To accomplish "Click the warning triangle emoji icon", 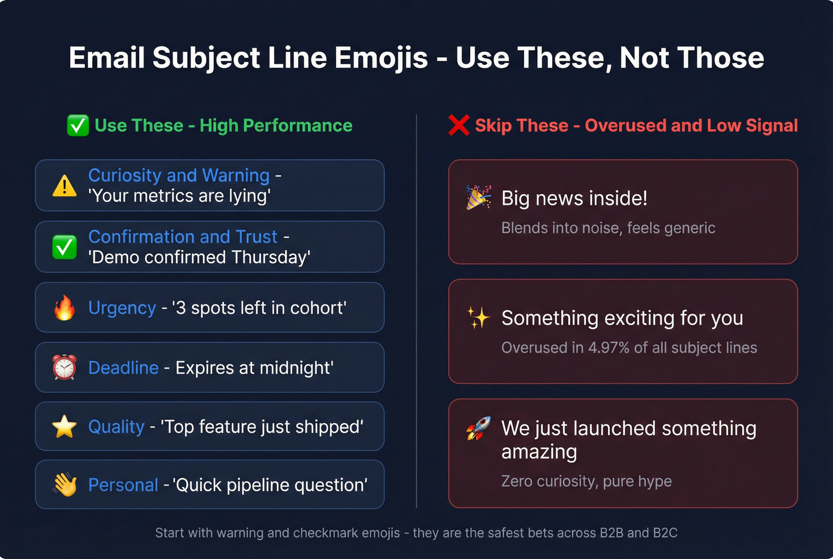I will click(x=64, y=186).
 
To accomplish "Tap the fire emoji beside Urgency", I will click(x=64, y=308).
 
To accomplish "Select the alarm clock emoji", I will click(x=64, y=367).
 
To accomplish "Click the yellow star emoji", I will click(x=64, y=426).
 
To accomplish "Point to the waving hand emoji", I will click(x=64, y=485).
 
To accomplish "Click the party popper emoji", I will click(x=478, y=197).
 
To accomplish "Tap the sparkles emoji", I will click(x=478, y=318).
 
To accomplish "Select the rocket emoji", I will click(x=478, y=428).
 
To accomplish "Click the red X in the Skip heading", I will click(x=459, y=125).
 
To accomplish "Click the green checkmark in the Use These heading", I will click(x=78, y=126).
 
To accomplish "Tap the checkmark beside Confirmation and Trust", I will click(x=64, y=247).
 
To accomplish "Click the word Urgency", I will click(x=122, y=308).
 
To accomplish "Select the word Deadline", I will click(x=123, y=367).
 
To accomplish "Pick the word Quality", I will click(x=116, y=426).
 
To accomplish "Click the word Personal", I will click(x=123, y=485).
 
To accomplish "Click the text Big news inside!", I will click(x=574, y=198).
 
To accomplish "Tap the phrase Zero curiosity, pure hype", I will click(x=586, y=481).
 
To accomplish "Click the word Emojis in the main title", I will click(x=381, y=58).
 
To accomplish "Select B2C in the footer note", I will click(x=665, y=533).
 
